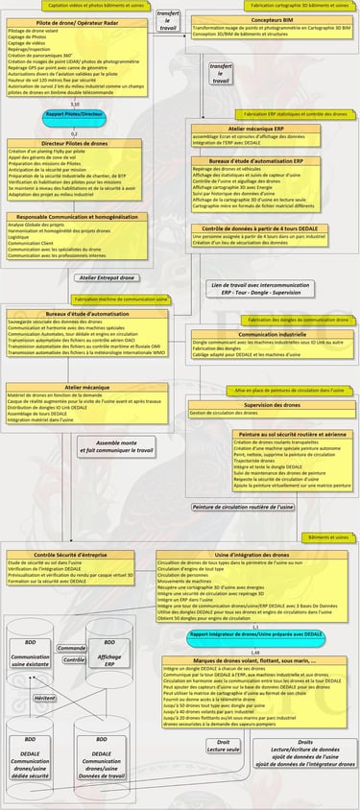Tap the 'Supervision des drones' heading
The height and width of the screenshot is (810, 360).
(x=259, y=405)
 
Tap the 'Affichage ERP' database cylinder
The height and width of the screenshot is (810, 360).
(x=109, y=659)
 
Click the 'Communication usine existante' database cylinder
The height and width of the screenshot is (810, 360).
(x=31, y=659)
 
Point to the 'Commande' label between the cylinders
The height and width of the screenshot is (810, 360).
(x=71, y=648)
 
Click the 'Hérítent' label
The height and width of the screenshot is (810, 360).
(x=44, y=699)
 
